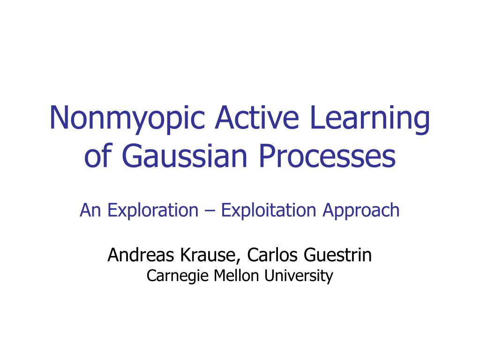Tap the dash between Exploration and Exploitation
point(210,211)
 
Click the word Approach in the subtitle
point(360,210)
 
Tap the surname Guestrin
point(337,255)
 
